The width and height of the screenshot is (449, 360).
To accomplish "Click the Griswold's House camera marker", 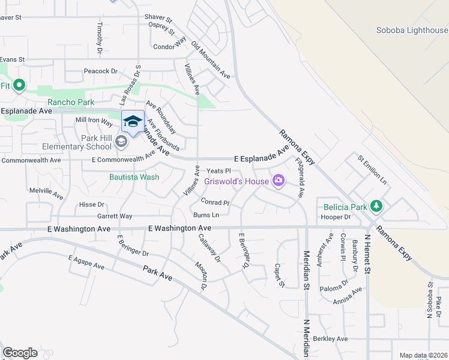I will point(279,180).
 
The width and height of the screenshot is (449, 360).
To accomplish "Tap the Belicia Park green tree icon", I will point(376,206).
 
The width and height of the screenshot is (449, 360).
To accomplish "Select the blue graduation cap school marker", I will point(133,122).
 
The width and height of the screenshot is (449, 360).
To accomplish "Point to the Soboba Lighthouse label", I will point(412,31).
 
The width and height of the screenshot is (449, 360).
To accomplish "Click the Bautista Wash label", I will point(134,177).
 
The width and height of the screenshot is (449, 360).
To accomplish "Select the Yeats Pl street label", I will point(219,171).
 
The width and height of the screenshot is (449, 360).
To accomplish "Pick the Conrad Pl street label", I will point(215,203).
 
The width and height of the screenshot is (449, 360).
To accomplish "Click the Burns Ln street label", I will point(206,215).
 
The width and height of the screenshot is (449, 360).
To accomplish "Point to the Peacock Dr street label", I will point(101,71).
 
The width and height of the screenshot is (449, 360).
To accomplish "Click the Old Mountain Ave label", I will point(211,61).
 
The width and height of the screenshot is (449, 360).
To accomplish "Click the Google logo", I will point(20,353).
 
